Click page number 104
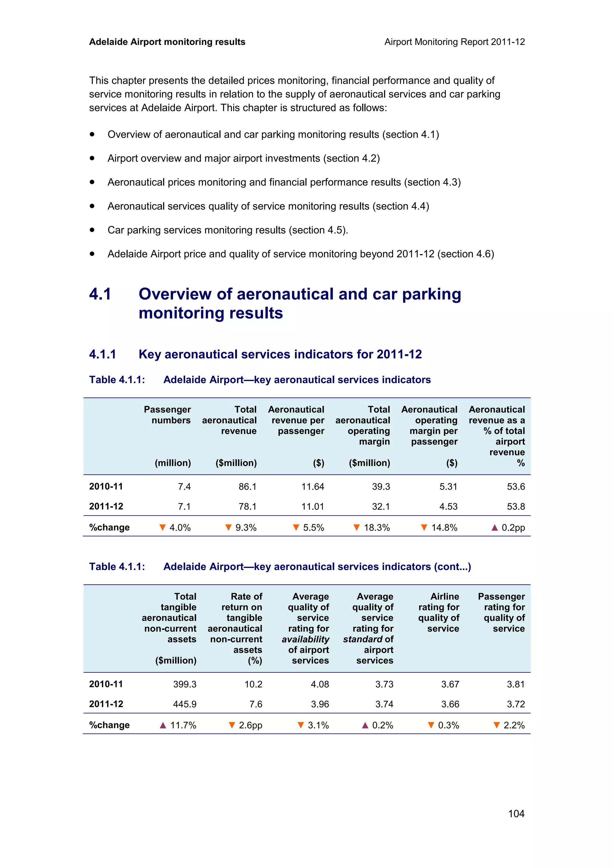pos(516,813)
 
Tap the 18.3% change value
pos(377,527)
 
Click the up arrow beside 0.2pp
pos(494,527)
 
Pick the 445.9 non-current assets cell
pos(185,704)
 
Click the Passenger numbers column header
pos(167,415)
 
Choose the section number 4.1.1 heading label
pos(102,354)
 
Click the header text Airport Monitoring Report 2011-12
pos(454,42)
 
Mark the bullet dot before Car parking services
pos(92,230)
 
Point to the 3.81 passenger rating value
pos(516,684)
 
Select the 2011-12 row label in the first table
pos(106,506)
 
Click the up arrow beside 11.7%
pos(163,725)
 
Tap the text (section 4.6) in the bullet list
pos(466,254)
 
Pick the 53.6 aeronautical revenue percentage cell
pos(516,486)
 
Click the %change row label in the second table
pos(109,725)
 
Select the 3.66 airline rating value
pos(450,704)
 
